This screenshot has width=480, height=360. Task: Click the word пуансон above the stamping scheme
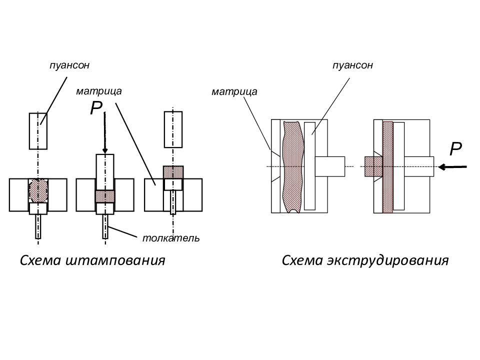pyautogui.click(x=69, y=65)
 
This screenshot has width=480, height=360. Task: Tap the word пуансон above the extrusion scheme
pyautogui.click(x=352, y=65)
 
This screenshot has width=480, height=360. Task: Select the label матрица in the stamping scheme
pyautogui.click(x=99, y=91)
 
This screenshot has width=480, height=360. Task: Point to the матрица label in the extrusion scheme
pyautogui.click(x=234, y=92)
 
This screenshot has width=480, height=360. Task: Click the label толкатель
pyautogui.click(x=171, y=238)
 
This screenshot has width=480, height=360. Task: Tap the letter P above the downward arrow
pyautogui.click(x=96, y=108)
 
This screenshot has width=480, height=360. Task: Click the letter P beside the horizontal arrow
pyautogui.click(x=455, y=149)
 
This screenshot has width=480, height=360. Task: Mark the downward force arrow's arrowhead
pyautogui.click(x=105, y=150)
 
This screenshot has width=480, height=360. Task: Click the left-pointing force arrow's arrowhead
pyautogui.click(x=441, y=167)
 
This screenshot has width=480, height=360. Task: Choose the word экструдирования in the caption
pyautogui.click(x=387, y=260)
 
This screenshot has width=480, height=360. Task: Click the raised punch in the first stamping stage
pyautogui.click(x=38, y=131)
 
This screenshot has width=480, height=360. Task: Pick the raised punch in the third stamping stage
pyautogui.click(x=173, y=129)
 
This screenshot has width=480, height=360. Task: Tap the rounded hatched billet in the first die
pyautogui.click(x=38, y=190)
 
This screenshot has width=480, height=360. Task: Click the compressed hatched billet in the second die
pyautogui.click(x=105, y=197)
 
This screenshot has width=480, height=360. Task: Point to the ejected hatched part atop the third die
pyautogui.click(x=173, y=172)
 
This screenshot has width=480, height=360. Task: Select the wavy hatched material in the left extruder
pyautogui.click(x=293, y=167)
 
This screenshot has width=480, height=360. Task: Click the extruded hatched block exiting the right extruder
pyautogui.click(x=373, y=166)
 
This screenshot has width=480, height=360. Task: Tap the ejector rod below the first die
pyautogui.click(x=38, y=226)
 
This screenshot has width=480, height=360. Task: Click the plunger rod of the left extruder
pyautogui.click(x=330, y=166)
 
